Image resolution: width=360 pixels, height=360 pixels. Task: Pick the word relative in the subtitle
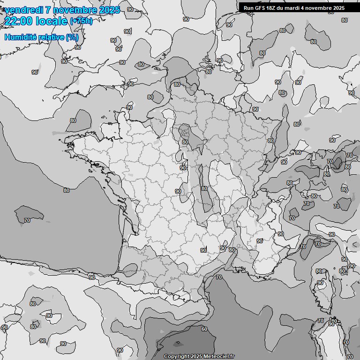[50, 37]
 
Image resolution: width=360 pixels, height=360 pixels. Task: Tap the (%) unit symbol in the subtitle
[72, 37]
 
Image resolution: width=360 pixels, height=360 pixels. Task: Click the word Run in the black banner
[248, 8]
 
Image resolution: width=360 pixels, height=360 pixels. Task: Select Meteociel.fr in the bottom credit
[219, 357]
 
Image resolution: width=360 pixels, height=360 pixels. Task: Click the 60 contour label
[204, 329]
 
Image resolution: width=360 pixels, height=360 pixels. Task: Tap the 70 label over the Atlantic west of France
[27, 220]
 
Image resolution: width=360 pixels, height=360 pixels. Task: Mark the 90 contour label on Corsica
[321, 283]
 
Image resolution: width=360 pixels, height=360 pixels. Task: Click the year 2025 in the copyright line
[197, 357]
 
